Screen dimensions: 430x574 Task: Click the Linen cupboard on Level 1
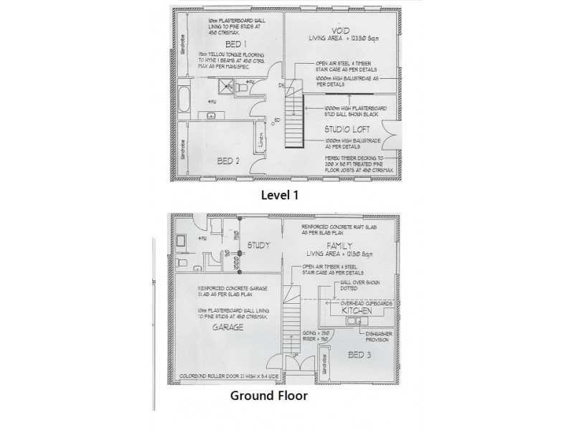[x=260, y=137]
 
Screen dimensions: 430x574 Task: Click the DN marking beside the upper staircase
[x=281, y=84]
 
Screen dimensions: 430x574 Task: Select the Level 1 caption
[x=279, y=193]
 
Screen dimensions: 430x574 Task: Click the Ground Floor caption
[x=270, y=395]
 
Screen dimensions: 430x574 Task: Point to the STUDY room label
[x=258, y=246]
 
